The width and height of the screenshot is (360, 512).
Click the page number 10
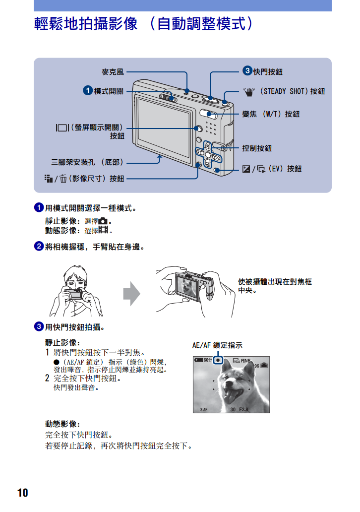click(22, 493)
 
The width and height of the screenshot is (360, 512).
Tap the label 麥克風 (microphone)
click(113, 72)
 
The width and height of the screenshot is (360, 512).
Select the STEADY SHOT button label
click(292, 91)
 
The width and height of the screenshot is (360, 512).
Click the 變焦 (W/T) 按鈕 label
click(271, 114)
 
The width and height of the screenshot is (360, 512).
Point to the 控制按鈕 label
click(257, 148)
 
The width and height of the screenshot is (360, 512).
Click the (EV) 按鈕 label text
click(285, 169)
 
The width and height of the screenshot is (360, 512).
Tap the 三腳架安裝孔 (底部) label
click(87, 162)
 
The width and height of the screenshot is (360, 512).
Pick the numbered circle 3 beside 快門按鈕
click(247, 70)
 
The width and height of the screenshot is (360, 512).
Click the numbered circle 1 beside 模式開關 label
click(87, 90)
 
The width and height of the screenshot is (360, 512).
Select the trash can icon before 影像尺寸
click(63, 179)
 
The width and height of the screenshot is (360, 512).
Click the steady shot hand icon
click(249, 92)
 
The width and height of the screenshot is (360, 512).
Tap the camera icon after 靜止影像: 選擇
click(103, 221)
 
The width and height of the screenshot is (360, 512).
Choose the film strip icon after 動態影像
click(103, 230)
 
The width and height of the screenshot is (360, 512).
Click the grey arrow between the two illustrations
click(131, 294)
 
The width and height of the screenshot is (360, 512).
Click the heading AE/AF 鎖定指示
click(217, 345)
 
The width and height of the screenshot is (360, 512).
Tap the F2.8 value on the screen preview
click(243, 409)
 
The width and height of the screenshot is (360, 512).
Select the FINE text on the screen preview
click(245, 361)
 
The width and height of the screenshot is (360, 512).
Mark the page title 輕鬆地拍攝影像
click(86, 23)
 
